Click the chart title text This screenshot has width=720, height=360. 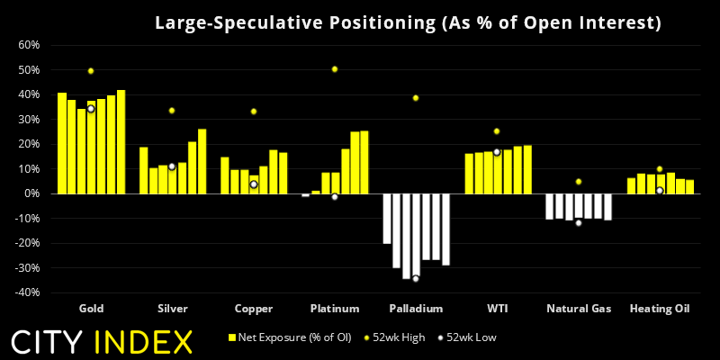(x=408, y=22)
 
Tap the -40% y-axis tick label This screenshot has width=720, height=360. (x=26, y=292)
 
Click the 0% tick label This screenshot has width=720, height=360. (x=31, y=193)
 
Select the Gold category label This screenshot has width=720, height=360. (x=91, y=309)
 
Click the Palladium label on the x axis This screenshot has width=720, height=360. (x=415, y=309)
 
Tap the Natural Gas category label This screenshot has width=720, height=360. (x=578, y=309)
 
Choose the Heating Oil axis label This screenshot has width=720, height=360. (x=659, y=309)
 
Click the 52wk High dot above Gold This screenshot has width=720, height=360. (x=91, y=71)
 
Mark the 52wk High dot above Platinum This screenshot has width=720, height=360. (x=335, y=69)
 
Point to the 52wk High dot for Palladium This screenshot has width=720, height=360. (x=416, y=98)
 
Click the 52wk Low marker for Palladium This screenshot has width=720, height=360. (x=416, y=279)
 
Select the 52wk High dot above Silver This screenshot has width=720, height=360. (x=172, y=111)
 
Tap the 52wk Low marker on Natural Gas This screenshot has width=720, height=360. (x=578, y=222)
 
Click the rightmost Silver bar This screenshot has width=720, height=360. (x=202, y=161)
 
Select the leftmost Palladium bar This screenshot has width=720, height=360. (x=386, y=219)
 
